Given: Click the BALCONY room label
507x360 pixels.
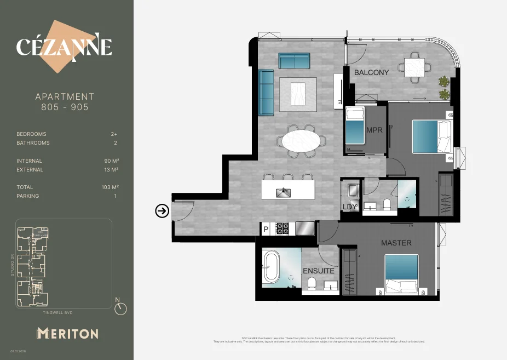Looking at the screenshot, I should [371, 72].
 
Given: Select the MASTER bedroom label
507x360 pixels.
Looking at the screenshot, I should [396, 243].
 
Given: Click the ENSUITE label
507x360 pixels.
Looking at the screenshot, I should [319, 271].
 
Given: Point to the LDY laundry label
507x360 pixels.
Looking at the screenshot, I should [350, 207].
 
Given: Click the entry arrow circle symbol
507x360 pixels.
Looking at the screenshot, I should [162, 210].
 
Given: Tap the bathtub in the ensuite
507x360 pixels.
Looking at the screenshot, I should [271, 266].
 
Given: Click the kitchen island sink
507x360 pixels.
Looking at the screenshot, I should [284, 192].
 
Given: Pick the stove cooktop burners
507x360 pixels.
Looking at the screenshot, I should [283, 228].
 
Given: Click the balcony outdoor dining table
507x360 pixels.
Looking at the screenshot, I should [413, 68].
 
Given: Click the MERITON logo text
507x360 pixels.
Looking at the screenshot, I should [67, 333].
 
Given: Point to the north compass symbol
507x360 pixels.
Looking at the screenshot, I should [120, 308].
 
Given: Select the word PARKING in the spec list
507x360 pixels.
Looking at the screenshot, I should [28, 196].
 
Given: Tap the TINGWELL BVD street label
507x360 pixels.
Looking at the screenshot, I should [57, 313].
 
